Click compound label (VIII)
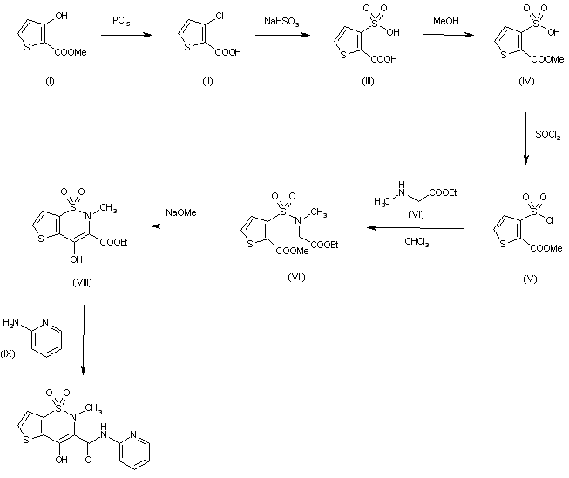coord(83,284)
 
